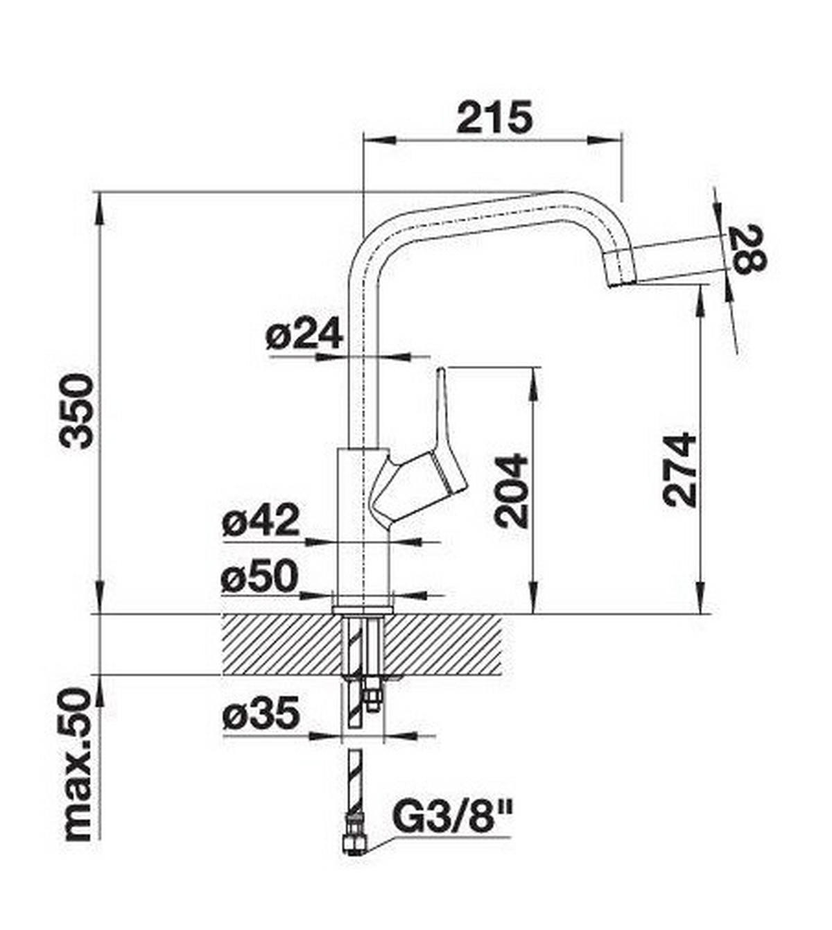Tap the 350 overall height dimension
click(78, 411)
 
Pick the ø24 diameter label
click(304, 334)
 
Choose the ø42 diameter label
click(261, 521)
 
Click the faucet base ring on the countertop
click(363, 610)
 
